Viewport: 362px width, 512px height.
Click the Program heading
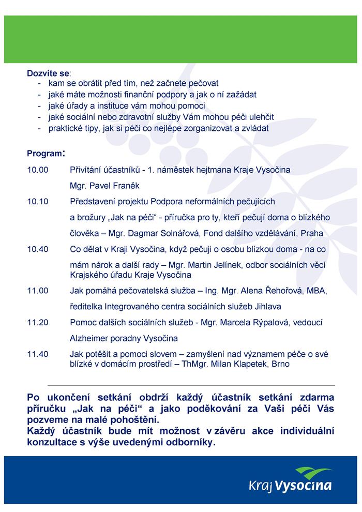pyautogui.click(x=44, y=154)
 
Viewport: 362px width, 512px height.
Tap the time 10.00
pyautogui.click(x=37, y=170)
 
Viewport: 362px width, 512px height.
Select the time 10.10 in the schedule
pyautogui.click(x=37, y=201)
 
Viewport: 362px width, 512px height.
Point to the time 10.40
pyautogui.click(x=37, y=249)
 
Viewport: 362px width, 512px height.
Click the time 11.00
pyautogui.click(x=37, y=291)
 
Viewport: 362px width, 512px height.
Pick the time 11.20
pyautogui.click(x=37, y=322)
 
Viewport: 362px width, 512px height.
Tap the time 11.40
pyautogui.click(x=37, y=354)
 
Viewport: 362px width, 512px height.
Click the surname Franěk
pyautogui.click(x=127, y=185)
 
